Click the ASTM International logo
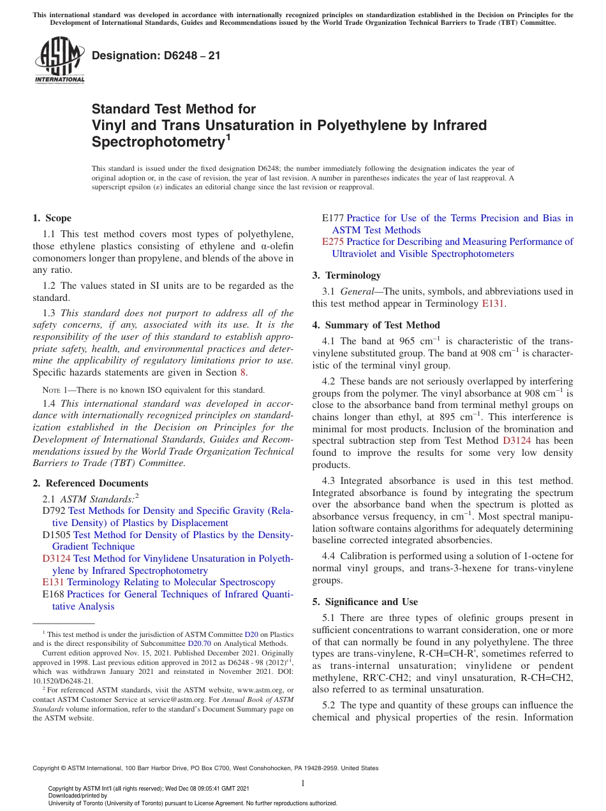[59, 61]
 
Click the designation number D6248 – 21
[156, 55]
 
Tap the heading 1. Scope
[52, 218]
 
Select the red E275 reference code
[333, 242]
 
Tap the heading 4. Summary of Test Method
[376, 325]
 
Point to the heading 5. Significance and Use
[365, 602]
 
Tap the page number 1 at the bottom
[303, 783]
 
